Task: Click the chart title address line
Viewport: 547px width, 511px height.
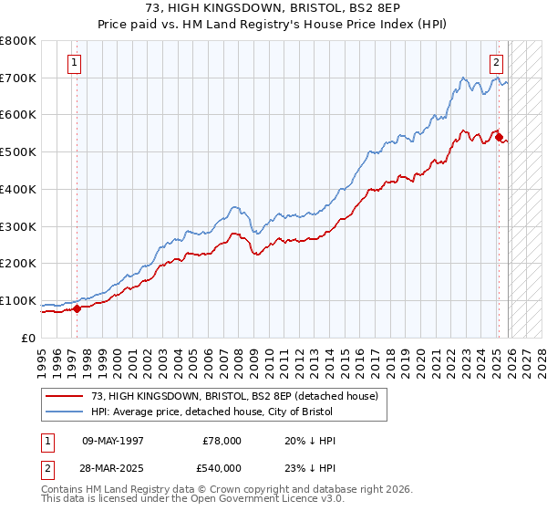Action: coord(273,8)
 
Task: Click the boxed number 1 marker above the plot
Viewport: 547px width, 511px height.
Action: coord(74,63)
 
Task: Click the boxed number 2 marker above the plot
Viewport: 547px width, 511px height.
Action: coord(496,63)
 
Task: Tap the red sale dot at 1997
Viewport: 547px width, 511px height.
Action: coord(77,308)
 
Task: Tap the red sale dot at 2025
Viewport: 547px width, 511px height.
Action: coord(499,137)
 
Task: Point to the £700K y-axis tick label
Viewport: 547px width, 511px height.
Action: coord(18,78)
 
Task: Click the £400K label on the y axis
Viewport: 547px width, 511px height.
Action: coord(18,190)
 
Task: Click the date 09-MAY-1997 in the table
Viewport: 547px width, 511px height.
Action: coord(113,441)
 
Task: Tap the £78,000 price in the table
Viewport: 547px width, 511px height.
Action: coord(222,441)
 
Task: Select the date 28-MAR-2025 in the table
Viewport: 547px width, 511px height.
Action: coord(113,468)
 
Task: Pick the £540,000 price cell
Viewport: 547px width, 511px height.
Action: coord(222,468)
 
